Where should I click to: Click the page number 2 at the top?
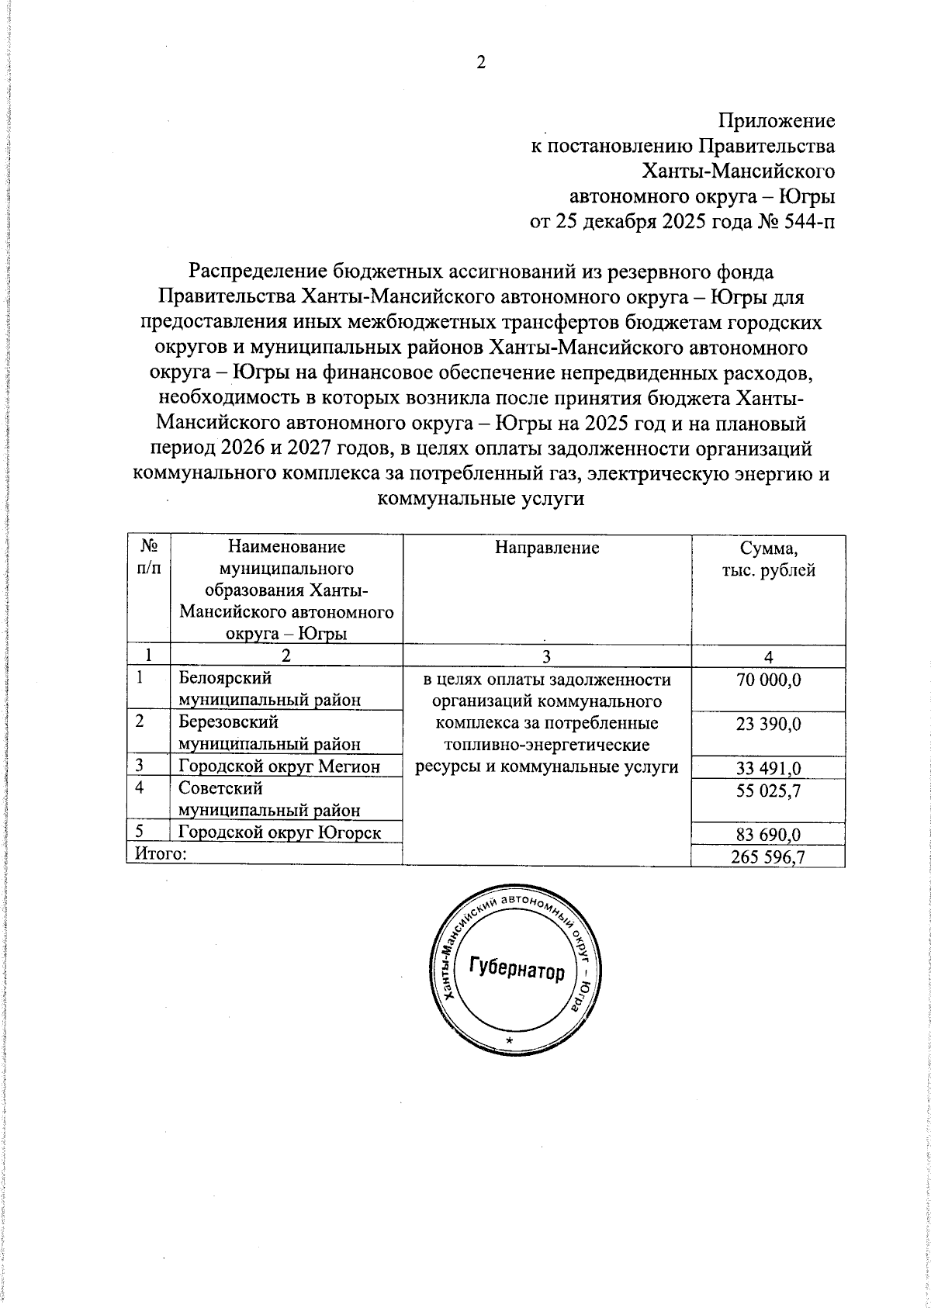click(480, 64)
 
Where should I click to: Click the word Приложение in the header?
click(777, 122)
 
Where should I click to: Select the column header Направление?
click(547, 548)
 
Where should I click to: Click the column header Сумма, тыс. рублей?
click(767, 559)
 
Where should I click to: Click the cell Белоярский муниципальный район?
click(270, 688)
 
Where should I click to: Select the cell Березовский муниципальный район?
click(270, 732)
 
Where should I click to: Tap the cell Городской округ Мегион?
click(279, 767)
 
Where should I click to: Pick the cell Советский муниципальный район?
click(270, 799)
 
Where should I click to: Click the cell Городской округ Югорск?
click(280, 833)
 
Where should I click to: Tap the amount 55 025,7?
click(768, 791)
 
